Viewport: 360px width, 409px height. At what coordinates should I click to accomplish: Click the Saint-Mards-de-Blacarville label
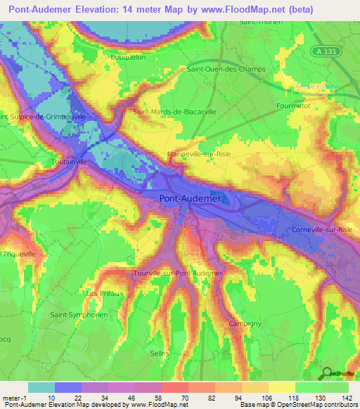tap(174, 111)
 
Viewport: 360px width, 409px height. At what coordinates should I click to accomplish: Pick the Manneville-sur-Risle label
tap(199, 153)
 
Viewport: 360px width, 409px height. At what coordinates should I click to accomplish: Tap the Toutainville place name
tap(70, 161)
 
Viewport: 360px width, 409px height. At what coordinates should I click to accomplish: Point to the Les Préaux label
tap(104, 292)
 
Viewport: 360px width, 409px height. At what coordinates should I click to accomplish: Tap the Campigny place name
tap(245, 323)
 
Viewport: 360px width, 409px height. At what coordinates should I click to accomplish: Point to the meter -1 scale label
tap(14, 397)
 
